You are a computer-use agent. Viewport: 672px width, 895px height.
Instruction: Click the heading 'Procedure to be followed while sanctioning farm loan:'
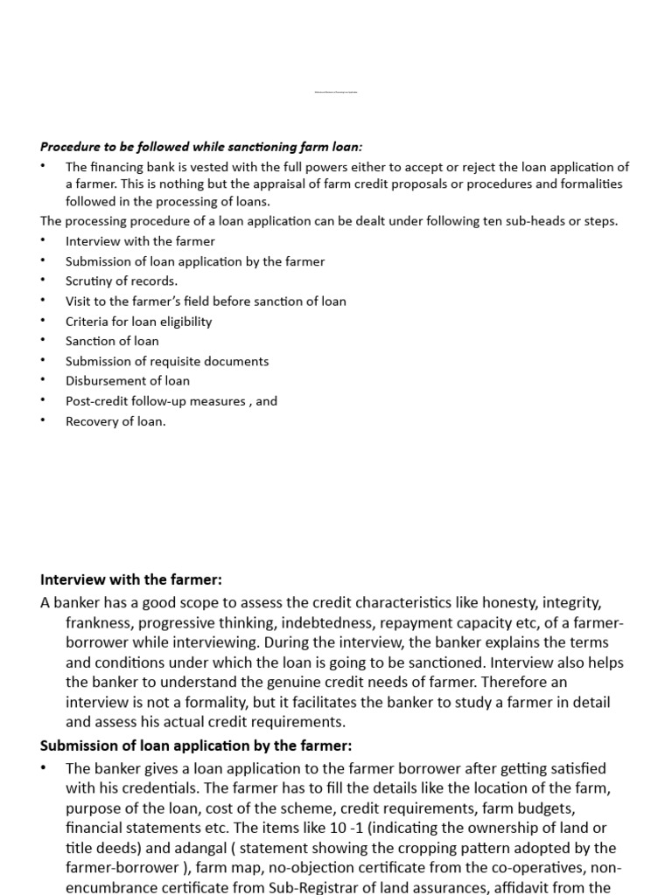click(x=201, y=147)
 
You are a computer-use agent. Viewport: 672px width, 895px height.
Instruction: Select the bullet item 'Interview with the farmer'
click(x=140, y=241)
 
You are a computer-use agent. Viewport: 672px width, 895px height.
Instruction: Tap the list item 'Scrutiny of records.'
click(x=122, y=281)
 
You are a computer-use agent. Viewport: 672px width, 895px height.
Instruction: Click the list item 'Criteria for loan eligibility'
click(x=138, y=321)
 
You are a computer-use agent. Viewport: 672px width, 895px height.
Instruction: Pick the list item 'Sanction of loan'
click(x=112, y=341)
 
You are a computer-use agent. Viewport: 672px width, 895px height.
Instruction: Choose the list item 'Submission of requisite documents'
click(x=167, y=361)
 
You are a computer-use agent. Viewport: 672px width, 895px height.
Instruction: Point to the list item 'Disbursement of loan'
click(x=127, y=381)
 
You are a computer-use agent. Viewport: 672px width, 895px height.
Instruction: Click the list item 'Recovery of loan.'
click(x=115, y=421)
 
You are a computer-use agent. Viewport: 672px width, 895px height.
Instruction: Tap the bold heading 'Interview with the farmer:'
click(x=131, y=580)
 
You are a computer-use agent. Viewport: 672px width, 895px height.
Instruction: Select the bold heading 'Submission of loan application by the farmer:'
click(x=196, y=746)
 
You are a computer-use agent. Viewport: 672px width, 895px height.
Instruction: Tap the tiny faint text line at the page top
click(x=336, y=92)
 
